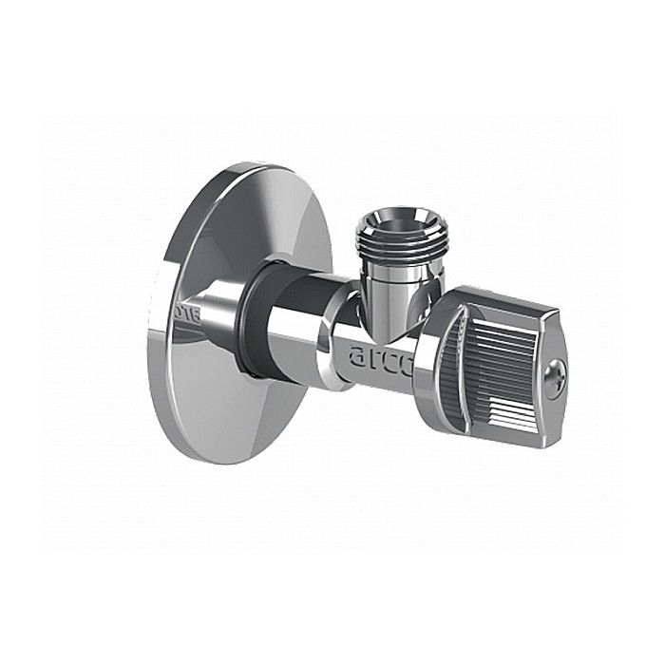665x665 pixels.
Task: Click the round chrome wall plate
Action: point(204,380)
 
